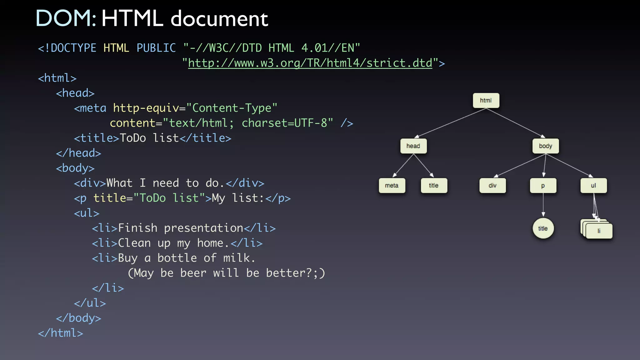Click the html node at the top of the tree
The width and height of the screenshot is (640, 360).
point(486,101)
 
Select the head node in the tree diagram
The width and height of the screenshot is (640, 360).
point(413,146)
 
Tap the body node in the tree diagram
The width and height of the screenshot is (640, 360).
point(546,146)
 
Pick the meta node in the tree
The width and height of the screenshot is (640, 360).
point(392,186)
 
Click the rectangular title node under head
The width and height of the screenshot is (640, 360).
point(434,186)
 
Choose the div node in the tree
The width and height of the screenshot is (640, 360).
point(492,186)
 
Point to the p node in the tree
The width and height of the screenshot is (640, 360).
point(543,186)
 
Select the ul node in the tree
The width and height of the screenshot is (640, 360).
point(593,186)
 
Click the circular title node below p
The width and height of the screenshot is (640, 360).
point(543,228)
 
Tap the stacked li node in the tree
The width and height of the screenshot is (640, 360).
point(599,231)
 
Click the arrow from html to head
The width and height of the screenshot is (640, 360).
point(450,123)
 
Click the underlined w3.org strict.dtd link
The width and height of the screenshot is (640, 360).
point(310,63)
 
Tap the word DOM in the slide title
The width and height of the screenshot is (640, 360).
point(66,18)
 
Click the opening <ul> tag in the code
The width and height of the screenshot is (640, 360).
point(87,213)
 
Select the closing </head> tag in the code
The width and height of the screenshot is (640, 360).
point(78,153)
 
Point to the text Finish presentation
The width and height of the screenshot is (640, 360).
point(181,228)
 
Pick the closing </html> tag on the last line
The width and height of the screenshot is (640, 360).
point(61,333)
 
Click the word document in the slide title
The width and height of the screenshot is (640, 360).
point(219,19)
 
